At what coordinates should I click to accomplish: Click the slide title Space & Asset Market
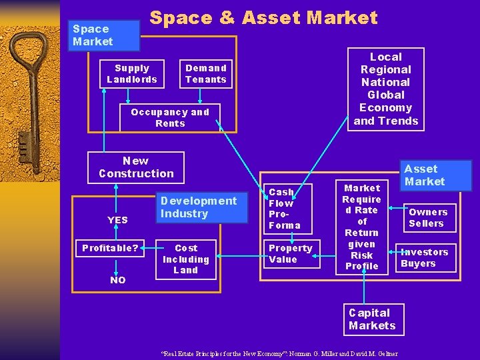click(263, 18)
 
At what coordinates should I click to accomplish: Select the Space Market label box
click(93, 35)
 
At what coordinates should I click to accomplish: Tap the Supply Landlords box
click(132, 74)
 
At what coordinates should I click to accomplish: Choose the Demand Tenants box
click(205, 74)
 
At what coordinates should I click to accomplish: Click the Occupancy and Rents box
click(170, 118)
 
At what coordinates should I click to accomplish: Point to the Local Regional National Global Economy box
click(386, 89)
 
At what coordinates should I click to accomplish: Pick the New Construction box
click(136, 167)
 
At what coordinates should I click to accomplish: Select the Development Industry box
click(198, 207)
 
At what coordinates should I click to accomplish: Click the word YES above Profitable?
click(117, 220)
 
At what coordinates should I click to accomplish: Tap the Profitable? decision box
click(110, 249)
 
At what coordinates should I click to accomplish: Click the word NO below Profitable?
click(117, 280)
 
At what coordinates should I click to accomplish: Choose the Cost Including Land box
click(186, 259)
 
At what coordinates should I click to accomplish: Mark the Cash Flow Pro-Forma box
click(285, 209)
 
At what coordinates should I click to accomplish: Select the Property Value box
click(290, 254)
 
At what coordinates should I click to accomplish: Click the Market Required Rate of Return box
click(362, 227)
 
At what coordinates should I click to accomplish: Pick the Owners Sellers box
click(428, 218)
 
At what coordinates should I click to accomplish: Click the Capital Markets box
click(372, 319)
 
